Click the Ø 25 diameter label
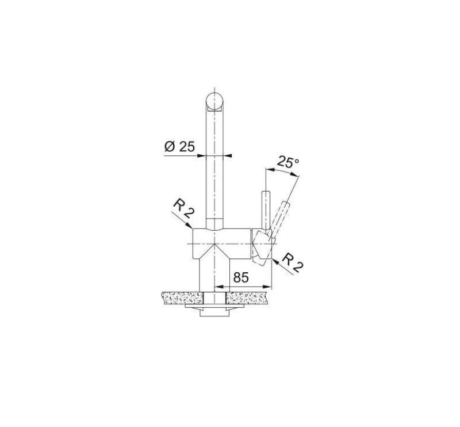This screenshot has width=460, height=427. pos(179,147)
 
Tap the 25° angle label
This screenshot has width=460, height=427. pos(288,162)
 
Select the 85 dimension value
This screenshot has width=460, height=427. pos(241,277)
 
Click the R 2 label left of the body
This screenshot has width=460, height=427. pos(183,209)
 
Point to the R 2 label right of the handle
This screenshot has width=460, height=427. pos(294,264)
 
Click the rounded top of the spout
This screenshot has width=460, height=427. pos(214,100)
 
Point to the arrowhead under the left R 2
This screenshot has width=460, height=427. pos(190,228)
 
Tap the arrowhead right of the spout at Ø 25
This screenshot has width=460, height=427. pos(226,155)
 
